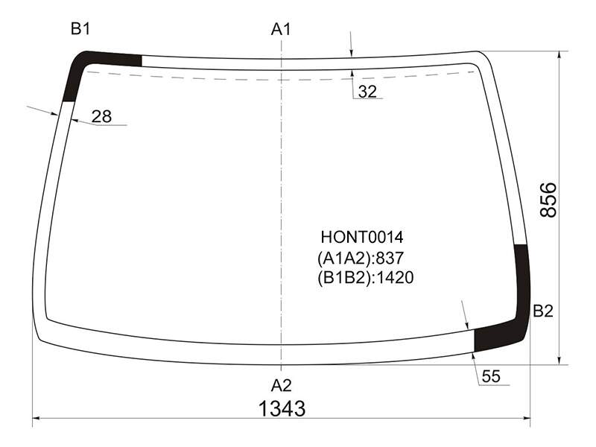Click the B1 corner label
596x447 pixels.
click(x=80, y=29)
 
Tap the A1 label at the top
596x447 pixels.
click(x=281, y=29)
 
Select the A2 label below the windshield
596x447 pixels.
click(x=282, y=385)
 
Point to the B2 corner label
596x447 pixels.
click(x=543, y=311)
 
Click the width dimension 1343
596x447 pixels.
click(x=282, y=409)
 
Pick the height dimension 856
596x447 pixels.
click(x=548, y=200)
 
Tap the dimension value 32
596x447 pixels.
click(x=367, y=92)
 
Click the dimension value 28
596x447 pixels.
click(x=101, y=117)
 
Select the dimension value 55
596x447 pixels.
click(x=491, y=376)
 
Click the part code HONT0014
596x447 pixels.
click(x=362, y=237)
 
